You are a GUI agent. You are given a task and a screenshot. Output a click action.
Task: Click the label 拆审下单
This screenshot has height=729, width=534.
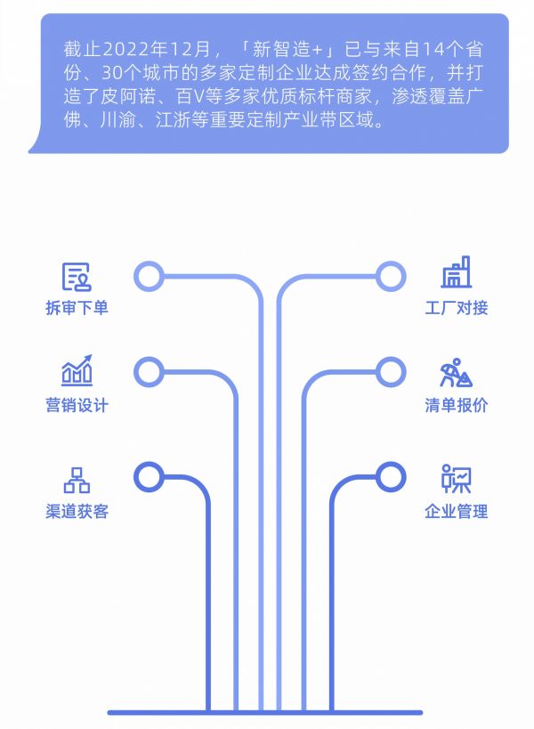77,308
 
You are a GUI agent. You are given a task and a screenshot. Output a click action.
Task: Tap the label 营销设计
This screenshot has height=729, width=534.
77,405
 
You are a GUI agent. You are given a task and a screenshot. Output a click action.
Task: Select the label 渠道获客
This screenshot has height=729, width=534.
77,511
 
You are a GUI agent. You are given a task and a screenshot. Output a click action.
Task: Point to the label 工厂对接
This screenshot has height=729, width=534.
456,308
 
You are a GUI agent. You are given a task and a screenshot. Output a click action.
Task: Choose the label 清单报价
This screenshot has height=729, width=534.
456,405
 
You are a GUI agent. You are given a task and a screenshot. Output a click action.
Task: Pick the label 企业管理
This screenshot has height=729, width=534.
456,511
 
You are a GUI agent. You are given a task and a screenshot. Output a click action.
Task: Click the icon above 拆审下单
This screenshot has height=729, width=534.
77,277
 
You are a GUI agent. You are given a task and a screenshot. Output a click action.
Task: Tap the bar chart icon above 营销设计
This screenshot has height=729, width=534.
77,370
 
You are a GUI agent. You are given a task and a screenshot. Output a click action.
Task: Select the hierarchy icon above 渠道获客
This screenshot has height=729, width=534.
77,479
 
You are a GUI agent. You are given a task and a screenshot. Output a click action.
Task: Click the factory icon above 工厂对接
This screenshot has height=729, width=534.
457,273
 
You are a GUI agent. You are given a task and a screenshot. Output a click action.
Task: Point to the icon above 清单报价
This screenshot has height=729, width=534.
456,372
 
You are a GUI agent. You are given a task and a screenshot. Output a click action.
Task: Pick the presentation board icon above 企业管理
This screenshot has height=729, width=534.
456,479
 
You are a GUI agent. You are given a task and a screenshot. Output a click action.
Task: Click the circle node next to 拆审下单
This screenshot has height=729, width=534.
149,277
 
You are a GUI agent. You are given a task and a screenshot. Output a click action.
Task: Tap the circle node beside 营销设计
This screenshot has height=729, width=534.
149,371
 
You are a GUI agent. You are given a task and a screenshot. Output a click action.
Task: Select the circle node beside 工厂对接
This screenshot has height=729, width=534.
390,277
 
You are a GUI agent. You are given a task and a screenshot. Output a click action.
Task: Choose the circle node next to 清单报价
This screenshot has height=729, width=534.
390,371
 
